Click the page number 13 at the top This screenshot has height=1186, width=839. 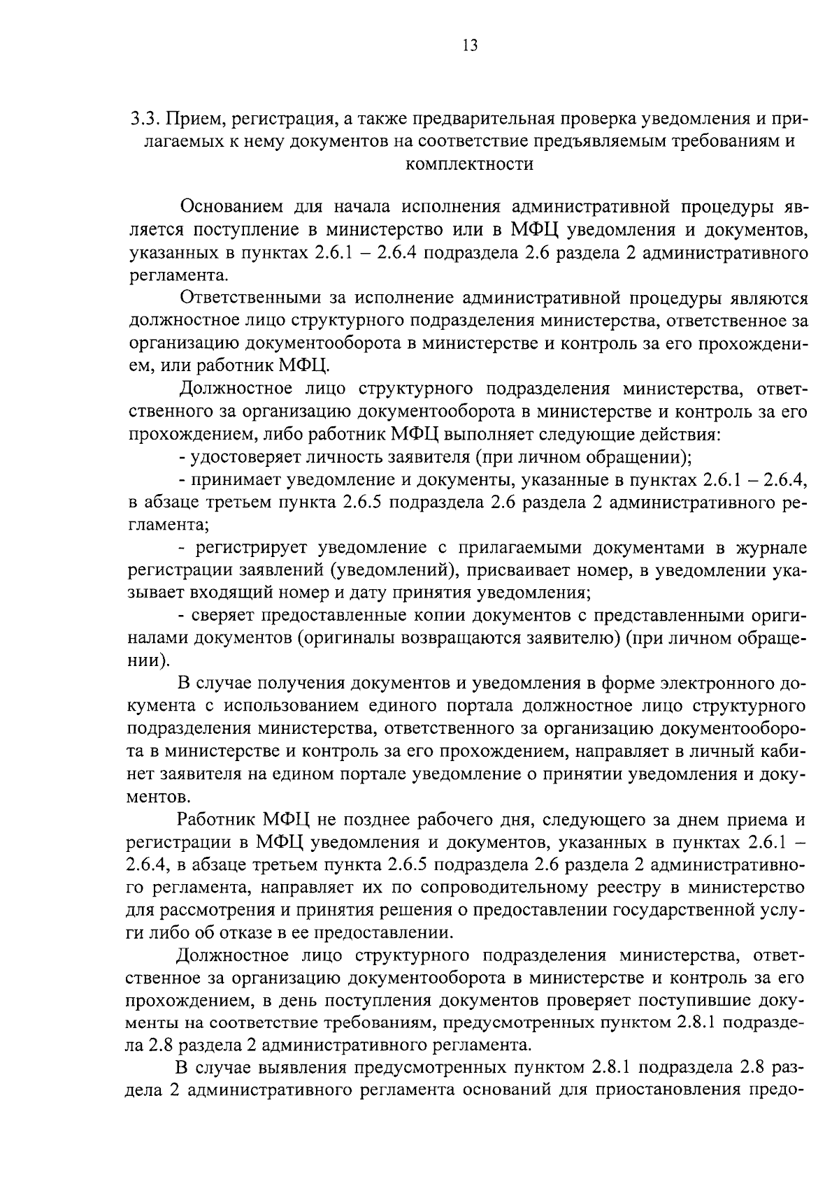click(x=469, y=46)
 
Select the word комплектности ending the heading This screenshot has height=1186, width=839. click(x=469, y=164)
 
